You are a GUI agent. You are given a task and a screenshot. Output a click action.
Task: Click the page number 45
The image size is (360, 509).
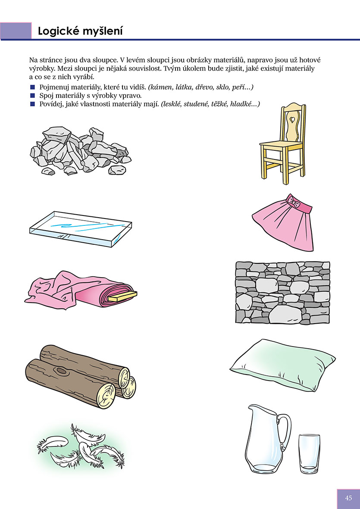click(x=349, y=498)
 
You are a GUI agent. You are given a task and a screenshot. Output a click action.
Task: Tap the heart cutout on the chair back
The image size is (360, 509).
click(x=292, y=119)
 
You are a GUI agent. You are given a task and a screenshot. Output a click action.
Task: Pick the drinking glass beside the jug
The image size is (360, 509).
click(x=310, y=454)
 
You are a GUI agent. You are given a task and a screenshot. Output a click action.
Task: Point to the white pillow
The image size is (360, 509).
click(x=282, y=365)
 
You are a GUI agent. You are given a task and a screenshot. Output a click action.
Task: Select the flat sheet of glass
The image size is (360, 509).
click(x=81, y=229)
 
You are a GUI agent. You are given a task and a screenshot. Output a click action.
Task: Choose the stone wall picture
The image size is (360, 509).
click(x=282, y=293)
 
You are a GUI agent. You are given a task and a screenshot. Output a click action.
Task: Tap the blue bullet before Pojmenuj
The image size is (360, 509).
click(x=32, y=87)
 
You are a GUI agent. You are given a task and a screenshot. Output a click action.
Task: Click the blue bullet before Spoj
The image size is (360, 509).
click(x=32, y=96)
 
